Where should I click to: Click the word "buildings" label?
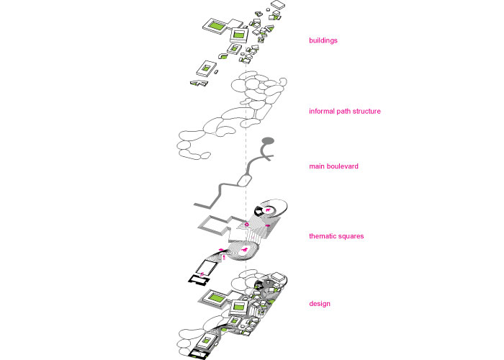coord(323,40)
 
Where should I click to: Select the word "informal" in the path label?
coord(321,111)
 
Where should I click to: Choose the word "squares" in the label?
coord(351,236)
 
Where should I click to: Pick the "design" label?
coord(320,304)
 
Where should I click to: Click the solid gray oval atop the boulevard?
coord(268,140)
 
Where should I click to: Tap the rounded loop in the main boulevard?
coord(244,180)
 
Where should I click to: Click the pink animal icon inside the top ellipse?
coord(268,210)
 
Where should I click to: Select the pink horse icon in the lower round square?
coord(245,250)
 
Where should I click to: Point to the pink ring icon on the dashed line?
coord(247,225)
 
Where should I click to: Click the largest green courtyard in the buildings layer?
coord(217,25)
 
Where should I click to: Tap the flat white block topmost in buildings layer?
coord(278,4)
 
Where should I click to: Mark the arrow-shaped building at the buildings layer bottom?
coord(199,84)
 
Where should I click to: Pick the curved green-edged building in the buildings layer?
coord(222,57)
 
